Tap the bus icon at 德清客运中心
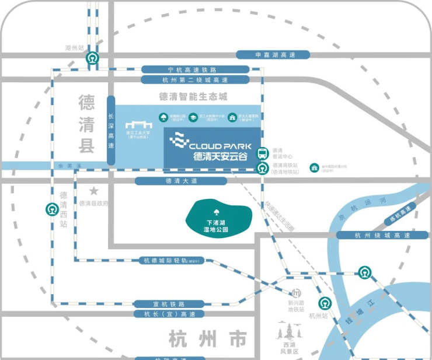coord(263,153)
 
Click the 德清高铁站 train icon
coord(263,169)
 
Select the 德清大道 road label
coord(173,181)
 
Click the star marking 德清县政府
coord(93,191)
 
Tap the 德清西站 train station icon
coord(51,208)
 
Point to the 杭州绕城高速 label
coord(382,235)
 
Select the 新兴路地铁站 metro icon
coord(296,293)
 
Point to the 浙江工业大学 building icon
coord(138,125)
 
